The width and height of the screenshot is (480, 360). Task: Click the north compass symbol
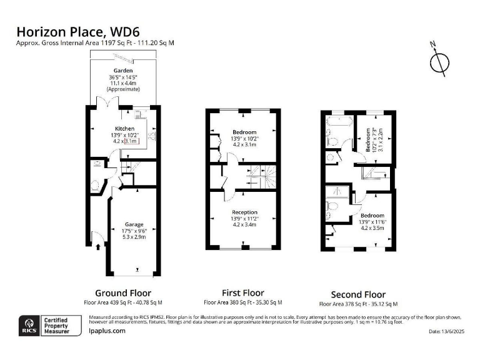(x=440, y=61)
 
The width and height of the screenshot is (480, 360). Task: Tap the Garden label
(x=122, y=71)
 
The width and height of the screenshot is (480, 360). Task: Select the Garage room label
(x=134, y=224)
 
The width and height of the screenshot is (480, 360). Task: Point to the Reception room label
(x=244, y=212)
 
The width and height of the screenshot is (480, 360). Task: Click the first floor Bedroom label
(x=244, y=132)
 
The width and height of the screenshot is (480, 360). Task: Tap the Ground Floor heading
(x=122, y=292)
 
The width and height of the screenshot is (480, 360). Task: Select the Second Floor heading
(x=358, y=294)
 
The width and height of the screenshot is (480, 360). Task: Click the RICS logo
(x=27, y=324)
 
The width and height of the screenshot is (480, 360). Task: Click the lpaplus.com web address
(x=107, y=331)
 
